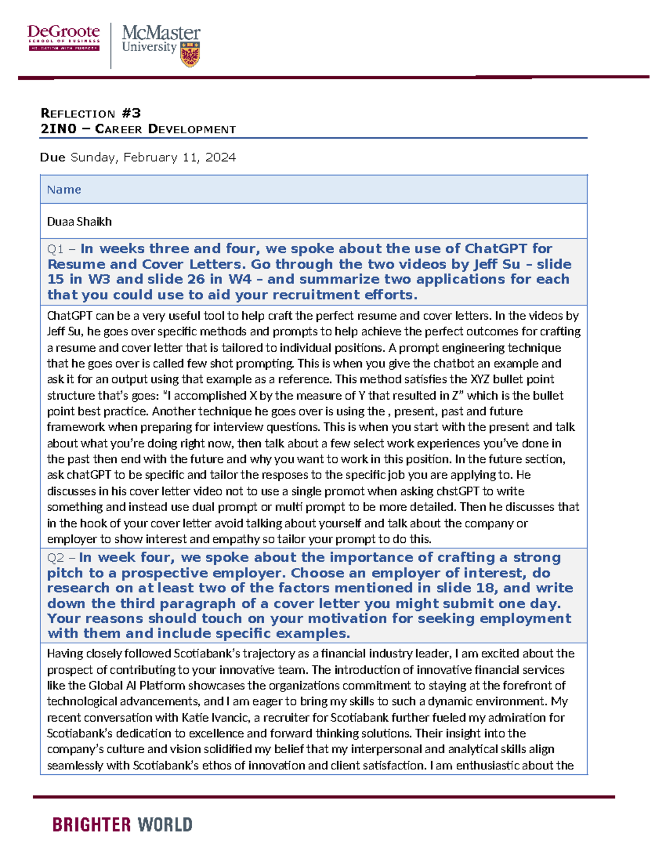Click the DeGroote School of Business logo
[x=64, y=38]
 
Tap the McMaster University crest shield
[x=190, y=54]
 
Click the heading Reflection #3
[x=90, y=113]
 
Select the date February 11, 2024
[x=180, y=158]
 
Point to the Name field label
[x=64, y=190]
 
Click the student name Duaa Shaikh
[x=79, y=221]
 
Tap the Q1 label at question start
[x=56, y=249]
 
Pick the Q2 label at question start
[x=56, y=558]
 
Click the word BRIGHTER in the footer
[x=92, y=825]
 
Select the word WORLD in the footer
[x=165, y=825]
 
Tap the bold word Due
[x=53, y=158]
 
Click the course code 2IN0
[x=58, y=129]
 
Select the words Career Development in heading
[x=165, y=129]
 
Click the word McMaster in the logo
[x=161, y=33]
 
